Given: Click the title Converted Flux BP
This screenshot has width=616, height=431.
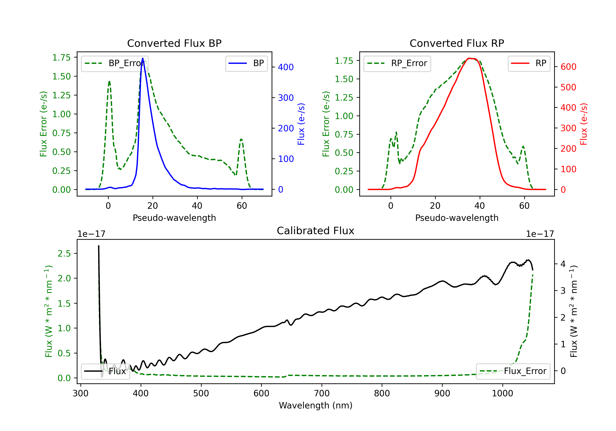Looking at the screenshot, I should pos(174,43).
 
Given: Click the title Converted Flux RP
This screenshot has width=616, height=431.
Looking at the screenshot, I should pos(457,43).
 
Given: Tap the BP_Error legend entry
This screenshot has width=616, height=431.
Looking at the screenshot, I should pos(115,64).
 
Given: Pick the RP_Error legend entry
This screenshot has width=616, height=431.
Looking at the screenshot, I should pos(397,64).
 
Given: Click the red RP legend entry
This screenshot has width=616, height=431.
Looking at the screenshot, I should pos(529,64).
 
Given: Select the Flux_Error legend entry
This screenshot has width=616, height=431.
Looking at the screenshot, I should pos(513,371).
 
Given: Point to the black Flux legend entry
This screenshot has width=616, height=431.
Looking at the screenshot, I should pos(106,371).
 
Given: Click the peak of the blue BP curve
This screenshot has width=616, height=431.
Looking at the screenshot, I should pos(143,58).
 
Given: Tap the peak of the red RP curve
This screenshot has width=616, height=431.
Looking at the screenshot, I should pos(470,58).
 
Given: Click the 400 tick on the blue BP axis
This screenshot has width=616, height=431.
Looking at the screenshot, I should pos(286,67).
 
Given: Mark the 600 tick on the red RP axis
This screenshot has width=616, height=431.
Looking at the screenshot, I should pos(568,67).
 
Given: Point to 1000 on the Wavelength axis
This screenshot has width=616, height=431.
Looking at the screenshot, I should pos(502,393).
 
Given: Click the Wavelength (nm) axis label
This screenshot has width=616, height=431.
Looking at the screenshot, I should pos(316,406).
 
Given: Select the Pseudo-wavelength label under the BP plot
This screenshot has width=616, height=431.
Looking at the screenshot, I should pos(174,218).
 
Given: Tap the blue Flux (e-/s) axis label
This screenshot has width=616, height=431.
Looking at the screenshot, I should pos(301,124).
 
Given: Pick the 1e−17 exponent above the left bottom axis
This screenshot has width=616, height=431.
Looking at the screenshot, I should pos(91,234).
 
